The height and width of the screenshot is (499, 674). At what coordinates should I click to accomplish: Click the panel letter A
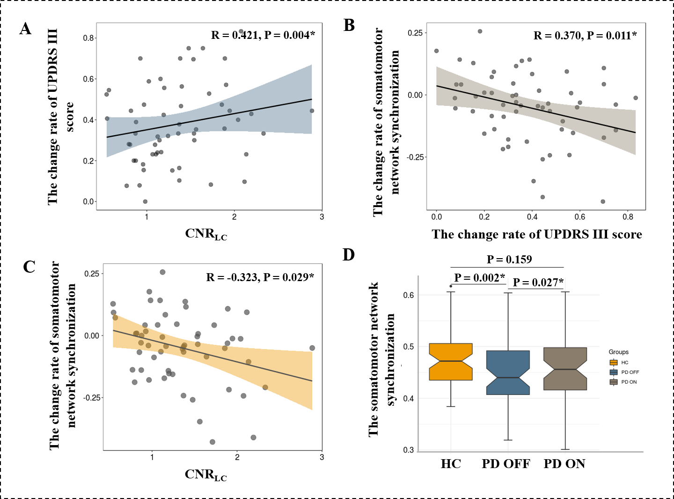pos(26,29)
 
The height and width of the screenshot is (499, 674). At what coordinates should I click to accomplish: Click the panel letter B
pos(349,25)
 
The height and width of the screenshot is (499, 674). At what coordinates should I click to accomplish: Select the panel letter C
pos(29,267)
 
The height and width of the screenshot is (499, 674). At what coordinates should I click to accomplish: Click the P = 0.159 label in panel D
pos(509,260)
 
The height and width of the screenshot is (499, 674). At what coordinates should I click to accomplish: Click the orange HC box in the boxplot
pos(451,362)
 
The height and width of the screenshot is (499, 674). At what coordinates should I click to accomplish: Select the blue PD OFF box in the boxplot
pos(508,372)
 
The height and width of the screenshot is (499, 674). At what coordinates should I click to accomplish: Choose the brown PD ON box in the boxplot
pos(565,369)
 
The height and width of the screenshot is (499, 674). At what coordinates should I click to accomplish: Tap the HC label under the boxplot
pos(451,464)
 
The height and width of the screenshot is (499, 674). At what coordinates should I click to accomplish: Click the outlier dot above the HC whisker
pos(451,286)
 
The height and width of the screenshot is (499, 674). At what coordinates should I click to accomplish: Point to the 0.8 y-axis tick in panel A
pos(88,38)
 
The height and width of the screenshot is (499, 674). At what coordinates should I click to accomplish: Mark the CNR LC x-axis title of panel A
pos(206,234)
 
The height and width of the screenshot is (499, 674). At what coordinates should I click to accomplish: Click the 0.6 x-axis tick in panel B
pos(579,217)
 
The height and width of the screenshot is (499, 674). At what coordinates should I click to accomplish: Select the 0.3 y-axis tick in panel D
pos(409,450)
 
